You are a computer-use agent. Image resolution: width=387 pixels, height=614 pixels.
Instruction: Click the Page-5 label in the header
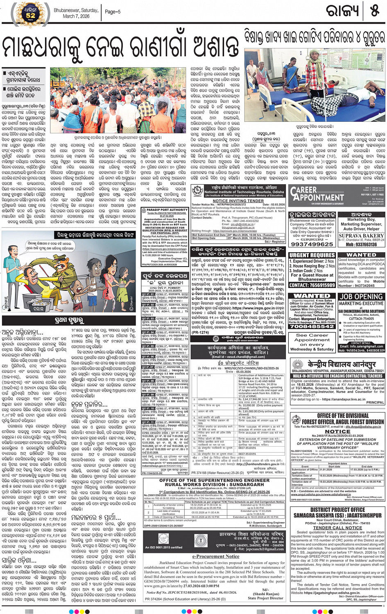click(113, 12)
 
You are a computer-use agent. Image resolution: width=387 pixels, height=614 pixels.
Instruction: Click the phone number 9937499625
click(312, 244)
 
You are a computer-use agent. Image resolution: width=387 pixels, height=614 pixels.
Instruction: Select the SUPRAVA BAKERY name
click(361, 236)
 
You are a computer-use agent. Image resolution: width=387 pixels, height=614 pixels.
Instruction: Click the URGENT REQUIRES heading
click(312, 255)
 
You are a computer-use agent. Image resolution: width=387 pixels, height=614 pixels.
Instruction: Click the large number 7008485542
click(312, 326)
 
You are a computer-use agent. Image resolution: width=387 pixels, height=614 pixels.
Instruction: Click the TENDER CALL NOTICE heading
click(337, 527)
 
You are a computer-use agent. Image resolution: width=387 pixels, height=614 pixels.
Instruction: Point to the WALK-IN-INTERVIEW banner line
click(337, 376)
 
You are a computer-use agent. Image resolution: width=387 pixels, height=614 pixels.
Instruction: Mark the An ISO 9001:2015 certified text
click(163, 547)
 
